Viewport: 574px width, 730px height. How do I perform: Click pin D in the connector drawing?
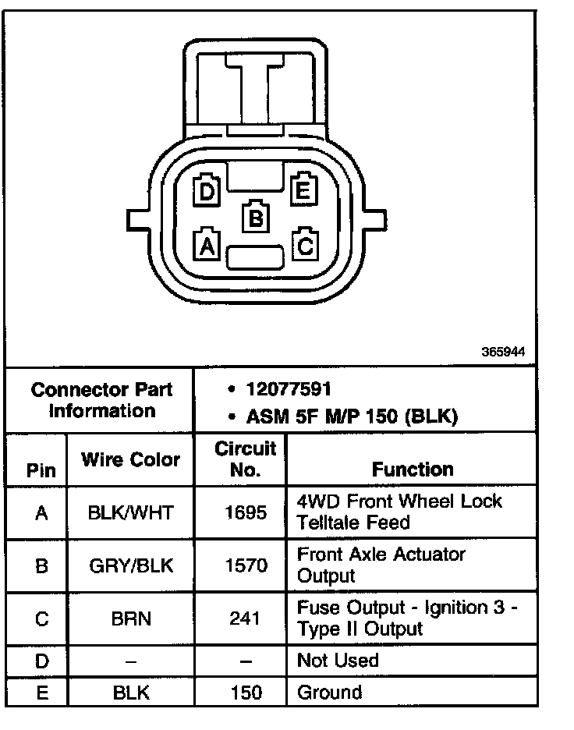207,191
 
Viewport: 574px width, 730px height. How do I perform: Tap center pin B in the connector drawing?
255,217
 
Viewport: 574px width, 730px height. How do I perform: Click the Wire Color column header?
130,460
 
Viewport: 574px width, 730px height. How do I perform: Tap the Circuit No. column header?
246,459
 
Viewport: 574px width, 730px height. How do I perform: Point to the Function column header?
413,470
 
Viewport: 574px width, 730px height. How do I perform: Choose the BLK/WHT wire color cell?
130,512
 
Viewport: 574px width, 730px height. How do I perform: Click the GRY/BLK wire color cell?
130,565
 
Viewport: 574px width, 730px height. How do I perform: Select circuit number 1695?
246,512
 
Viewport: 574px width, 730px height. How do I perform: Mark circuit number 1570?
246,565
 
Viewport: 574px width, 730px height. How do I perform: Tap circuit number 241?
246,618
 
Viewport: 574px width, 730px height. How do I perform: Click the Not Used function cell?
338,661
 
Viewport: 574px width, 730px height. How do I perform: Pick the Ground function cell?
330,692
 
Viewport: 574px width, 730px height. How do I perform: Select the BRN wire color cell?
130,618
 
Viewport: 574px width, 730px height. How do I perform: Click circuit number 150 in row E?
246,692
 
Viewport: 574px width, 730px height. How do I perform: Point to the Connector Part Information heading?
101,400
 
